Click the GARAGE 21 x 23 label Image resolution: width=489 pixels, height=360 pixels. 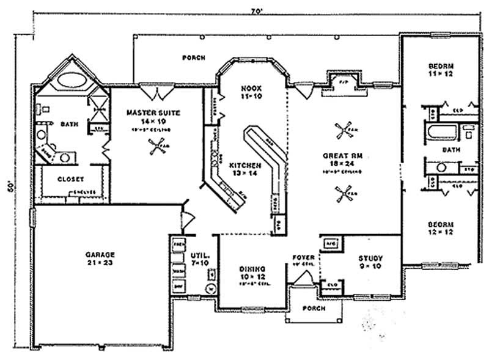pos(100,257)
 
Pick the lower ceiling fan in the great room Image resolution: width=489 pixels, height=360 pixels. pos(343,196)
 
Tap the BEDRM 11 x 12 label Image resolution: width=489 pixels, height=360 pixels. pos(439,68)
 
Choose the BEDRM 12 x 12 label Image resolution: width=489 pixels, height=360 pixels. pos(439,228)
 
